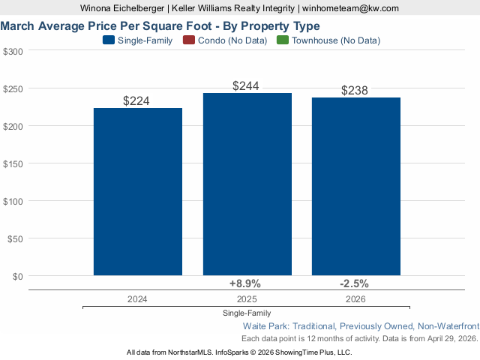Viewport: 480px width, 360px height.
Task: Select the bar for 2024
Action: pos(138,191)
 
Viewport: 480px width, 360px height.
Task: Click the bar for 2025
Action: pos(247,184)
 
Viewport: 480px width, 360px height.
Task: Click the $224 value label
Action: pos(137,100)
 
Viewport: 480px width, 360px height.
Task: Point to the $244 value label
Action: pos(246,86)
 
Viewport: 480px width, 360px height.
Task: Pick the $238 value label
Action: pos(355,91)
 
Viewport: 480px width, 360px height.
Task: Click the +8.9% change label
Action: pos(244,283)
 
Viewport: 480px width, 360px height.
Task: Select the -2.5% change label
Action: pos(354,283)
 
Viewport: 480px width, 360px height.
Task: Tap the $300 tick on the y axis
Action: pos(13,51)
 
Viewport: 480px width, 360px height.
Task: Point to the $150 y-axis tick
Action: pos(13,163)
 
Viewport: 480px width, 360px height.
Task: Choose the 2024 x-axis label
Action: pos(137,298)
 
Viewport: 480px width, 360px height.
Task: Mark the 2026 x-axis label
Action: pos(355,298)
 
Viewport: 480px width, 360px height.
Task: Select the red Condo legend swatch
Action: pos(188,40)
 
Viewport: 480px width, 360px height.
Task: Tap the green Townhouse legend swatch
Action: pos(282,40)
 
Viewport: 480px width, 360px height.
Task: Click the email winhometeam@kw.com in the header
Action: pos(350,8)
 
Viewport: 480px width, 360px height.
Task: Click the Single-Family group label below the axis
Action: pos(247,313)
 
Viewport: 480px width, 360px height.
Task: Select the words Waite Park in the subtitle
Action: pos(265,326)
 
